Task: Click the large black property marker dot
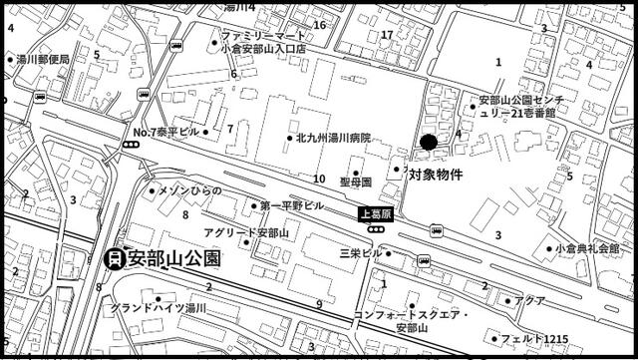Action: point(429,143)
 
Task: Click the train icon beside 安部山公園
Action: point(114,259)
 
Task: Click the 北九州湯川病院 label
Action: point(333,138)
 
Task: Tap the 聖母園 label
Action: point(354,182)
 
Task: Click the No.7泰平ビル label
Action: point(166,132)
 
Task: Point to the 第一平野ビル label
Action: point(291,205)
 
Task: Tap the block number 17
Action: point(387,35)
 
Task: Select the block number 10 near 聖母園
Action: point(319,180)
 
